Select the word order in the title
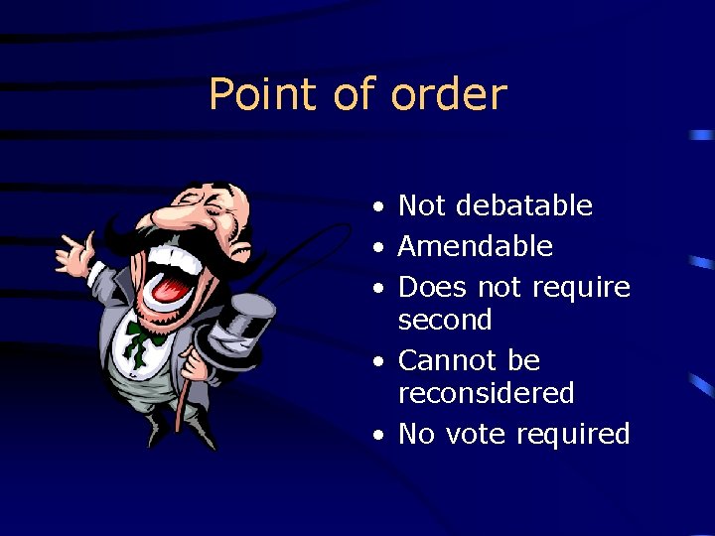pos(449,95)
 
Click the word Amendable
pos(475,246)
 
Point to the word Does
pos(433,287)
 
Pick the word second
pos(445,320)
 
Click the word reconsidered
pos(486,393)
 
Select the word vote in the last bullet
pos(481,434)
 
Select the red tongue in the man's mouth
pos(171,287)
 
